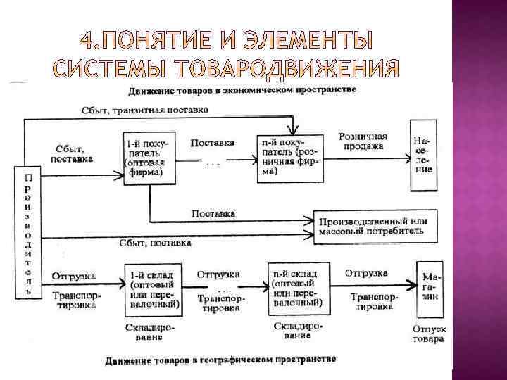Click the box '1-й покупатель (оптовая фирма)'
[149, 158]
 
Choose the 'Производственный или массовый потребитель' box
[373, 226]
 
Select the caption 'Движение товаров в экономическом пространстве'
[242, 91]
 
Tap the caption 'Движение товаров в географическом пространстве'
[221, 361]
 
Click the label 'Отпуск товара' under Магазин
[429, 334]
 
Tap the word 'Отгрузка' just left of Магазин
[366, 273]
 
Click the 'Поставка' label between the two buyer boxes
[213, 143]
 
